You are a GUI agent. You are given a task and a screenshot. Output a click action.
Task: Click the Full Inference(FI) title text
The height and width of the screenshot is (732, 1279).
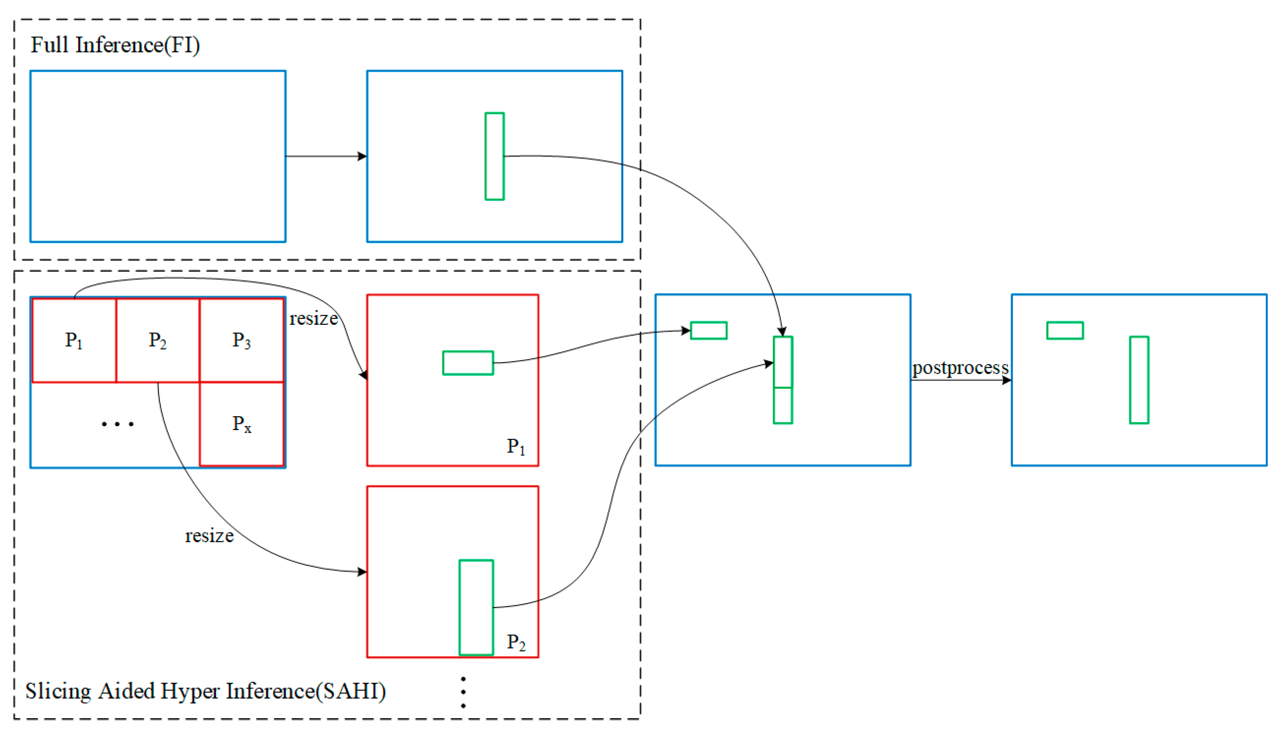pyautogui.click(x=115, y=45)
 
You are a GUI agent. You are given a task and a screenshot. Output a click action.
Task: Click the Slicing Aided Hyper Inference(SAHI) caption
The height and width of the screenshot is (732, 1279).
pyautogui.click(x=205, y=691)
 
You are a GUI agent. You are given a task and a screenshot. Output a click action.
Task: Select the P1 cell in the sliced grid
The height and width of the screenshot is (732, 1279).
pyautogui.click(x=74, y=341)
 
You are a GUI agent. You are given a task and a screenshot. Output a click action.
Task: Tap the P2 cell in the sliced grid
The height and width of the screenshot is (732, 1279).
pyautogui.click(x=157, y=341)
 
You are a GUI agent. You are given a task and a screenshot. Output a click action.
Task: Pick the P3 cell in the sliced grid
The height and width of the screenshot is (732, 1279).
pyautogui.click(x=241, y=341)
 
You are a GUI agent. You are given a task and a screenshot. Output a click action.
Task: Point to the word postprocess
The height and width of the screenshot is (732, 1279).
pyautogui.click(x=960, y=368)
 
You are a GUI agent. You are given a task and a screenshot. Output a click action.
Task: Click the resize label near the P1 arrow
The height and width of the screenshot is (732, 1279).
pyautogui.click(x=313, y=319)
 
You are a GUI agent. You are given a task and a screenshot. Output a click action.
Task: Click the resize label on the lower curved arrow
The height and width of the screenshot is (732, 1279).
pyautogui.click(x=209, y=536)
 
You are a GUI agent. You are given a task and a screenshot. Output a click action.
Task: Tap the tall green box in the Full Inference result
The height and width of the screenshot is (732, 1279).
pyautogui.click(x=494, y=156)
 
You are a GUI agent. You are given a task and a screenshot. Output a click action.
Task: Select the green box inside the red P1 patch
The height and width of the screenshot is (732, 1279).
pyautogui.click(x=468, y=363)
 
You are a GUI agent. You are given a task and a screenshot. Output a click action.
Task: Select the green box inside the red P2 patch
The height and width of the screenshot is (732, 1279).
pyautogui.click(x=476, y=608)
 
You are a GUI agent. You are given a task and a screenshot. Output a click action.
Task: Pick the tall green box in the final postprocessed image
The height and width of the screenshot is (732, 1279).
pyautogui.click(x=1139, y=380)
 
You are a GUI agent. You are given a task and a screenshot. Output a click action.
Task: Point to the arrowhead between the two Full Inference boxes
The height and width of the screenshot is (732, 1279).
pyautogui.click(x=362, y=156)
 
